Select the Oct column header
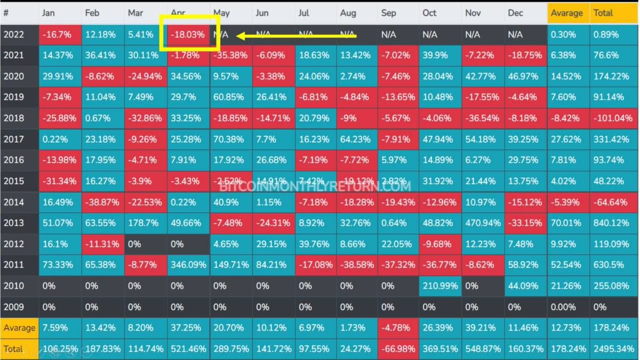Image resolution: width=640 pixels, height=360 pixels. (x=429, y=13)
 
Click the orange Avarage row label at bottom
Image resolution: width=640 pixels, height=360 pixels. (x=19, y=327)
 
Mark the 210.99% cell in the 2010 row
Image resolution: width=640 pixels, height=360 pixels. (x=440, y=285)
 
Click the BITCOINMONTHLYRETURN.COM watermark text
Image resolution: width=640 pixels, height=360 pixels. (x=315, y=187)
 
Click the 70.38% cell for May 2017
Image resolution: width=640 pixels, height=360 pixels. (x=230, y=139)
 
